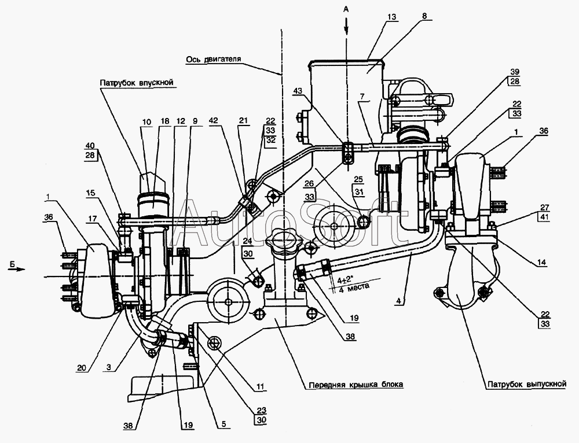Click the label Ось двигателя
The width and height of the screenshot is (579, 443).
coord(214,59)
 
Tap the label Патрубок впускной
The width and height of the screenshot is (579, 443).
coord(137,83)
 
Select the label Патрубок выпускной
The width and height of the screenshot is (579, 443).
coord(527,384)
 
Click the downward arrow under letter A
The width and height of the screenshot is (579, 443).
coord(346,27)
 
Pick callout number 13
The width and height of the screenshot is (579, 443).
coord(392,17)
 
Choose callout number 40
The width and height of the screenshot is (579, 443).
coord(90,145)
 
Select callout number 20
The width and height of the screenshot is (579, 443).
coord(82,368)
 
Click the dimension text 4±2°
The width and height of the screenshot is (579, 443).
coord(345,279)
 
